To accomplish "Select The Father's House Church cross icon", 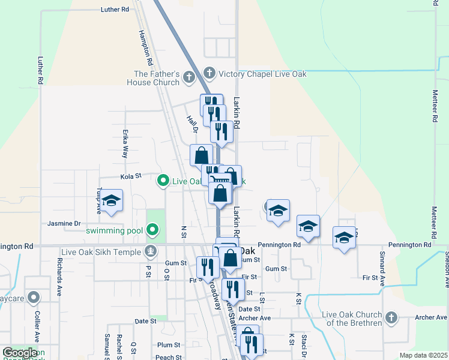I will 188,77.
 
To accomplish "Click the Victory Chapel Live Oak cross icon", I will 209,73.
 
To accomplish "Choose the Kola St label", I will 130,176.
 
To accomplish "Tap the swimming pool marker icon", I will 152,229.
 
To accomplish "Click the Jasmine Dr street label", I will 64,223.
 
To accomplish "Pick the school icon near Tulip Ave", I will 112,201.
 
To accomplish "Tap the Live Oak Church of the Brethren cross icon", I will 391,316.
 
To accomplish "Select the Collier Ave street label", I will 37,325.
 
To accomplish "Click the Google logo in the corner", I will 20,353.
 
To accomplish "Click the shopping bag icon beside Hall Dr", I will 201,155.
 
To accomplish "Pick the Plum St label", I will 169,345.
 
